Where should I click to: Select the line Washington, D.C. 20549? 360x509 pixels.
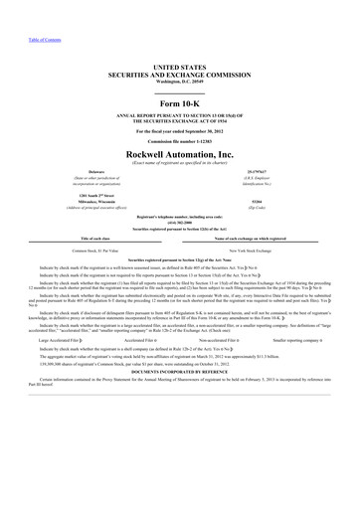coord(179,78)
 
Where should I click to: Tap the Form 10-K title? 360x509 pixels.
coord(179,106)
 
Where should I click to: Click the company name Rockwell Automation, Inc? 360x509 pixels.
coord(179,155)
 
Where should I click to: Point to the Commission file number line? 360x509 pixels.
coord(179,141)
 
